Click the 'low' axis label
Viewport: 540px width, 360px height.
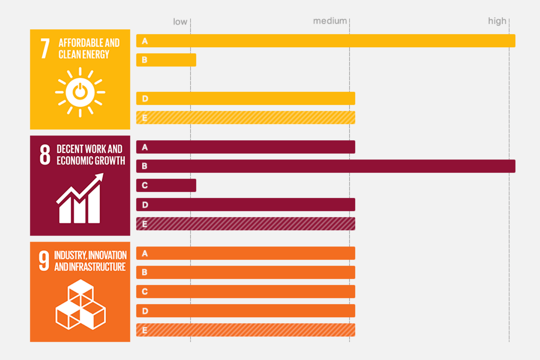(x=180, y=22)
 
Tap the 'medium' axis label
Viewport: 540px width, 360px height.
(x=330, y=21)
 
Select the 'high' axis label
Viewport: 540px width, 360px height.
(x=497, y=21)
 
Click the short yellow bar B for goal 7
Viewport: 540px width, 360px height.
(x=166, y=60)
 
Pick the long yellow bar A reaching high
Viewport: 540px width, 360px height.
(x=325, y=41)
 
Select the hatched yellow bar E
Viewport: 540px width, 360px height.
(x=246, y=118)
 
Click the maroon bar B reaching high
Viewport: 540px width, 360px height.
(x=325, y=166)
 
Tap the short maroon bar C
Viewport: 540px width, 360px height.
(x=166, y=185)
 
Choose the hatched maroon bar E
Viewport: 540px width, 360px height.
(x=246, y=224)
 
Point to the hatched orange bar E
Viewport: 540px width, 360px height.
(x=246, y=330)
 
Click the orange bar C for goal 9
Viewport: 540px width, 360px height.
(x=246, y=291)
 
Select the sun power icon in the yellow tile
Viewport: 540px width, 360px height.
(x=80, y=92)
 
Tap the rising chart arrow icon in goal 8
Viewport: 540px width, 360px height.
(x=80, y=199)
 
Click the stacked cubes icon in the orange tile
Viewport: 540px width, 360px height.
(x=80, y=305)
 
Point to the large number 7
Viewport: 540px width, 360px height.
(x=45, y=49)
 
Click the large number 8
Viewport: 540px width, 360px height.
(x=45, y=154)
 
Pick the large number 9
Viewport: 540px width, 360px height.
(x=44, y=261)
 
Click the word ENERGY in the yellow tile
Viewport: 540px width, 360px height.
(x=96, y=55)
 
